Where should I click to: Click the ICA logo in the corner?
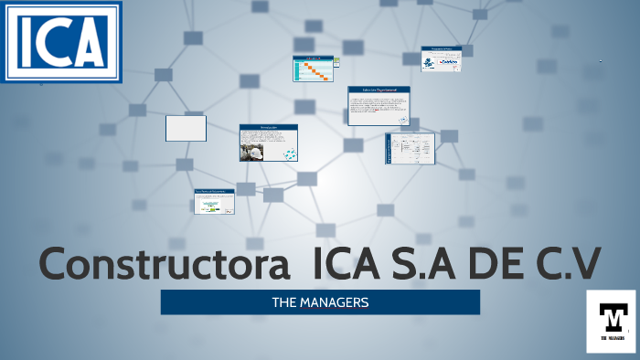pyautogui.click(x=60, y=41)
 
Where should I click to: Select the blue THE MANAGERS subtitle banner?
pyautogui.click(x=320, y=302)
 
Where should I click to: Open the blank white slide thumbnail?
pyautogui.click(x=186, y=128)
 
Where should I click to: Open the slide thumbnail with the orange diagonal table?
pyautogui.click(x=313, y=69)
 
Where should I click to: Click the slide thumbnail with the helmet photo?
pyautogui.click(x=269, y=143)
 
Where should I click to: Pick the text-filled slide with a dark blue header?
pyautogui.click(x=379, y=106)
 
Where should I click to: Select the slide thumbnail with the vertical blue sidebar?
pyautogui.click(x=410, y=148)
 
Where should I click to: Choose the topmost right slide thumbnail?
pyautogui.click(x=441, y=58)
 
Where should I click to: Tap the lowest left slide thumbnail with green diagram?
pyautogui.click(x=213, y=201)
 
